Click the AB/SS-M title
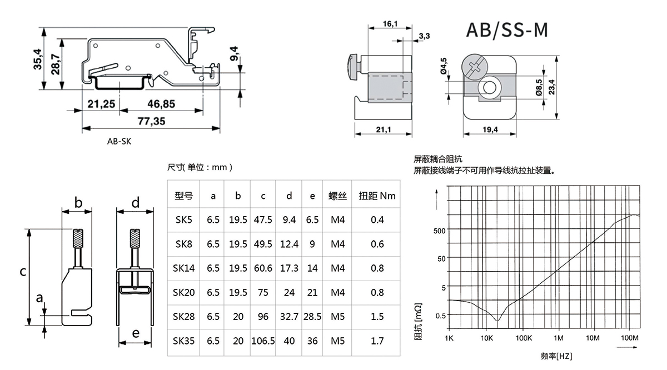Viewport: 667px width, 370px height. tap(506, 30)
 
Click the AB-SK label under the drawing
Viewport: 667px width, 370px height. tap(120, 141)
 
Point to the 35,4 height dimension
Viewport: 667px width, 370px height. tap(38, 59)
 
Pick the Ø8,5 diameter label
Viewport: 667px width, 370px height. tap(538, 88)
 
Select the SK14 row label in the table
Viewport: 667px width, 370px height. tap(184, 268)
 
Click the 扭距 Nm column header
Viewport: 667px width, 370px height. tap(377, 196)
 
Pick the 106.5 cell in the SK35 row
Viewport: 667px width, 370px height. tap(263, 341)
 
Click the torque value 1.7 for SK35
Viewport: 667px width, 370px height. tap(377, 341)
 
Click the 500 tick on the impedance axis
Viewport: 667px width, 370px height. tap(440, 230)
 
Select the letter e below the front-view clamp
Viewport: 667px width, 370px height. tap(135, 334)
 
